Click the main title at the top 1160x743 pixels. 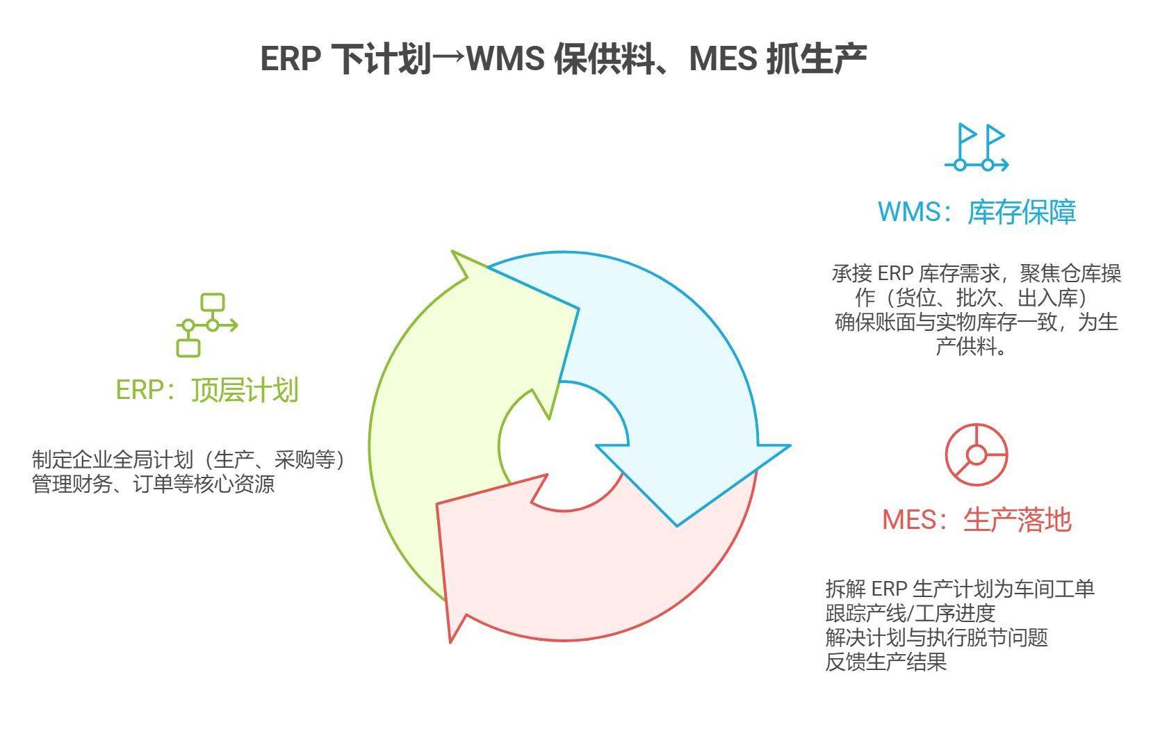(x=563, y=59)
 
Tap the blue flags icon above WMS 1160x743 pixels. (x=977, y=147)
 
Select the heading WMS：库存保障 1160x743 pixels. (x=977, y=211)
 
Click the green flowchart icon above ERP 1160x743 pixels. (x=207, y=325)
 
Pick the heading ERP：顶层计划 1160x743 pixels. (x=206, y=390)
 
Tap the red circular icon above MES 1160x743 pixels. (x=976, y=455)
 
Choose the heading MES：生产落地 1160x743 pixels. (x=976, y=520)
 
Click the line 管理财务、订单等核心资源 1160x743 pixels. (x=154, y=484)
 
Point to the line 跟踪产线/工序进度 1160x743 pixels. (x=910, y=613)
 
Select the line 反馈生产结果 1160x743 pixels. (x=886, y=662)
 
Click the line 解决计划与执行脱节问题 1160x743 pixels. (x=936, y=637)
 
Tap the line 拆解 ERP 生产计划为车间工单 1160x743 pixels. (x=960, y=589)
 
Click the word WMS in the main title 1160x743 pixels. (x=505, y=59)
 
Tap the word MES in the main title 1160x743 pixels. (x=723, y=59)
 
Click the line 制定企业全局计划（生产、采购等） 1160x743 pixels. (x=189, y=459)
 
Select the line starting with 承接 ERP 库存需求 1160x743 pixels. (x=976, y=273)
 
